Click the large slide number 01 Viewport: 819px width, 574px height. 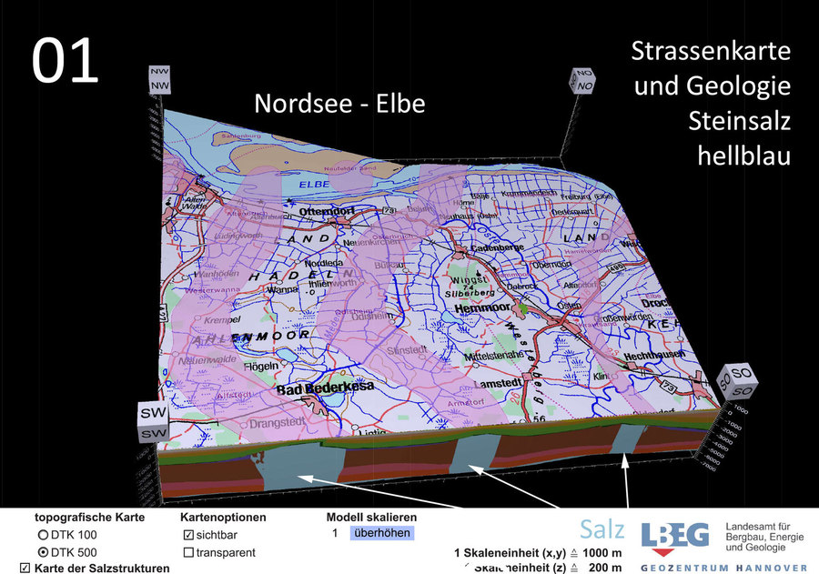[66, 62]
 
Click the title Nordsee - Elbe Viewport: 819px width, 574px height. [339, 104]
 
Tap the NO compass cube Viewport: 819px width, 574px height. [582, 81]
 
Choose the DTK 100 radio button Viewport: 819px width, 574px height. [43, 535]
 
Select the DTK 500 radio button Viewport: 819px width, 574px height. [43, 552]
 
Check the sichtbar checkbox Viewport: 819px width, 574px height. [188, 535]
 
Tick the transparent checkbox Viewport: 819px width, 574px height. [188, 552]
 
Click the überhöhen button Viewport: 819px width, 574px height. [381, 533]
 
